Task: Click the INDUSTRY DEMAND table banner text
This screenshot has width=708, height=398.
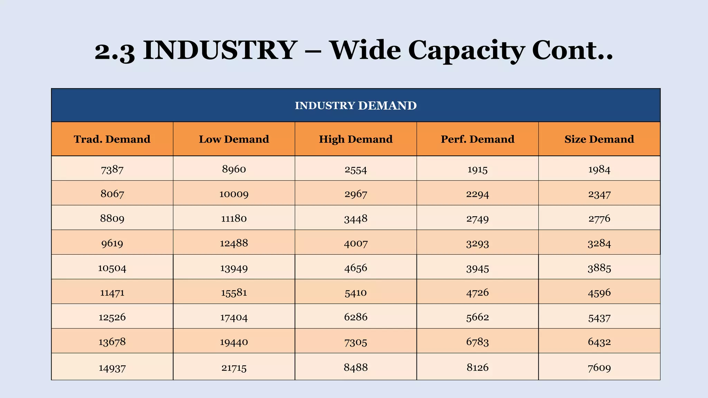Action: click(x=355, y=105)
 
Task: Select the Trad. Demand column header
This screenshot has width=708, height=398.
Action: click(x=112, y=139)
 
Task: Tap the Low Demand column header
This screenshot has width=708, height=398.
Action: click(x=234, y=139)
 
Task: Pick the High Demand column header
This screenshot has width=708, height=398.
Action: click(x=355, y=139)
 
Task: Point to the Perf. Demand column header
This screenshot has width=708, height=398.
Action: click(x=477, y=139)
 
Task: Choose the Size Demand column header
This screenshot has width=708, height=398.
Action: click(x=599, y=139)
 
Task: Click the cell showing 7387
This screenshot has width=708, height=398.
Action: click(x=112, y=169)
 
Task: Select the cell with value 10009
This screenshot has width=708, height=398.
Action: click(x=234, y=194)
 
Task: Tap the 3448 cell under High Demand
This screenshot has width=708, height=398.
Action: click(x=355, y=219)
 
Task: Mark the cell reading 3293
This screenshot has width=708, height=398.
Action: click(x=477, y=244)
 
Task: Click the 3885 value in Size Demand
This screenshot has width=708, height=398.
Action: click(x=599, y=268)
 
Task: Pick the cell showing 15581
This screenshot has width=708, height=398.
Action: click(x=234, y=293)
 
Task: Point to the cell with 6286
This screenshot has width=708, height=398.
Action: click(x=355, y=317)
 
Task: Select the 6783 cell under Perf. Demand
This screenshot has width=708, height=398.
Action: click(x=477, y=342)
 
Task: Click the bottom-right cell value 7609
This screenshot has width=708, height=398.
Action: click(x=599, y=368)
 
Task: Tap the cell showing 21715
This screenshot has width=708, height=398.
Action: click(x=234, y=368)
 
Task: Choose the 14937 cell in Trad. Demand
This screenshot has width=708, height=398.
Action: click(x=112, y=368)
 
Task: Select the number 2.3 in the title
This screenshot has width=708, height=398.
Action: click(x=114, y=51)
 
